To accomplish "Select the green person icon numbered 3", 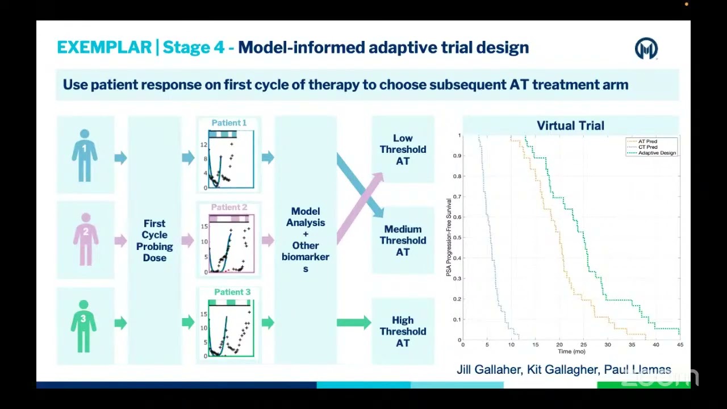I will tap(83, 325).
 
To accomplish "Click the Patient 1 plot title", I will tap(229, 123).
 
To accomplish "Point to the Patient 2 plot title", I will tap(229, 207).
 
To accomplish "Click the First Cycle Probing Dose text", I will tap(154, 240).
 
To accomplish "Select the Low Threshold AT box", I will tap(403, 149).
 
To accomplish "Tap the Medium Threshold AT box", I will tap(403, 240).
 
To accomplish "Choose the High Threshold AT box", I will tap(403, 331).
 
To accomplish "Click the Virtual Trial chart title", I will tap(570, 126).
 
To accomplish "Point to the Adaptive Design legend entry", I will tap(657, 153).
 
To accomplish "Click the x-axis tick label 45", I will tap(680, 345).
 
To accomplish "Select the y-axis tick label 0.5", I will tap(457, 237).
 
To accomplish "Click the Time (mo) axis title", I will tap(571, 352).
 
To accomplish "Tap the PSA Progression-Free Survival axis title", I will tap(449, 237).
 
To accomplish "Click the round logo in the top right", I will tap(646, 49).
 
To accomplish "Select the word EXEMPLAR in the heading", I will tap(104, 47).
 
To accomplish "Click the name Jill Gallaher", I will tap(489, 370).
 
